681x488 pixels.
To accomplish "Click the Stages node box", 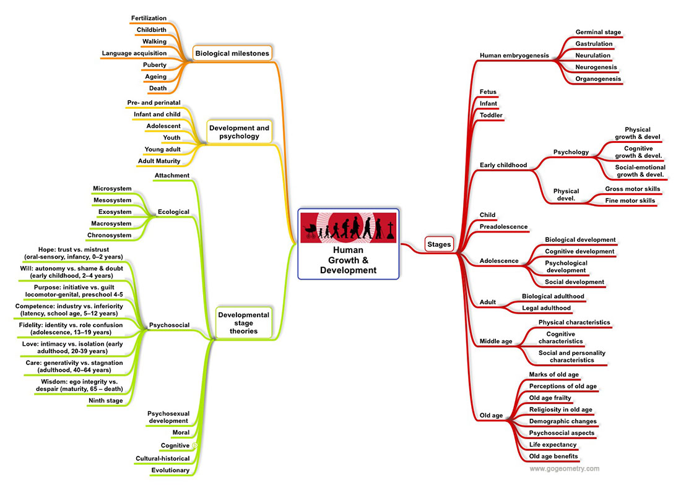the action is click(440, 244).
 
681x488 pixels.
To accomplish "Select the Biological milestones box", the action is click(232, 53).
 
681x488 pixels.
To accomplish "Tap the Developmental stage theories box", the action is click(243, 323).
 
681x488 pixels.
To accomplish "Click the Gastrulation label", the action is click(594, 44).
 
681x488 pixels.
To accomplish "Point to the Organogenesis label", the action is click(598, 79).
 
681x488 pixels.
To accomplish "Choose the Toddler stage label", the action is click(491, 115).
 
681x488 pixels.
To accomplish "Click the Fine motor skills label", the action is click(630, 200).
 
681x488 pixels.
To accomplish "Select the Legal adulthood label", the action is click(546, 307).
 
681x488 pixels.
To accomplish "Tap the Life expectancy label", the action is click(553, 444).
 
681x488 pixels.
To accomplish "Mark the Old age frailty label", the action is click(550, 398).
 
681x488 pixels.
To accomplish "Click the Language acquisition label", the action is click(134, 53).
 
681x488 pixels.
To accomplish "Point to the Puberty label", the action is click(154, 65).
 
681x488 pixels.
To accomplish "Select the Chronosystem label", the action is click(110, 235).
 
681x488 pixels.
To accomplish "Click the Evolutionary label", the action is click(170, 470).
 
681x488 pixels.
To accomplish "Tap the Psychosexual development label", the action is click(167, 416).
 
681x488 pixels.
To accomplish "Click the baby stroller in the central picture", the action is click(309, 231).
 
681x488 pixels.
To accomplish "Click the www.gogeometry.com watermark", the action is click(564, 468).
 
